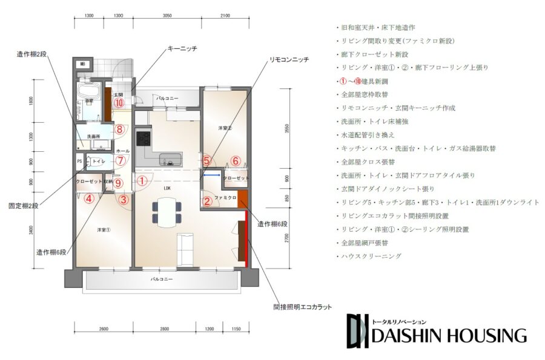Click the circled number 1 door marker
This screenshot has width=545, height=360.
pos(142,180)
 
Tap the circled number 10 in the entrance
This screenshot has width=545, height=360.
pos(119,103)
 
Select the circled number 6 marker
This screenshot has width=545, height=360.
pos(236,161)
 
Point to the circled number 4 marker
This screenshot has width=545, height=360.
pos(89,198)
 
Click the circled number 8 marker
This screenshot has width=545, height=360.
pos(120,129)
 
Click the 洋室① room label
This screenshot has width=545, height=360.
pos(103,231)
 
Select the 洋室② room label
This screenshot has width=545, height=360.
pos(225,128)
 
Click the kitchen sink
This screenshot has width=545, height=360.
pos(170,160)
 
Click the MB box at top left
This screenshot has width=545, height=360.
pos(82,64)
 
